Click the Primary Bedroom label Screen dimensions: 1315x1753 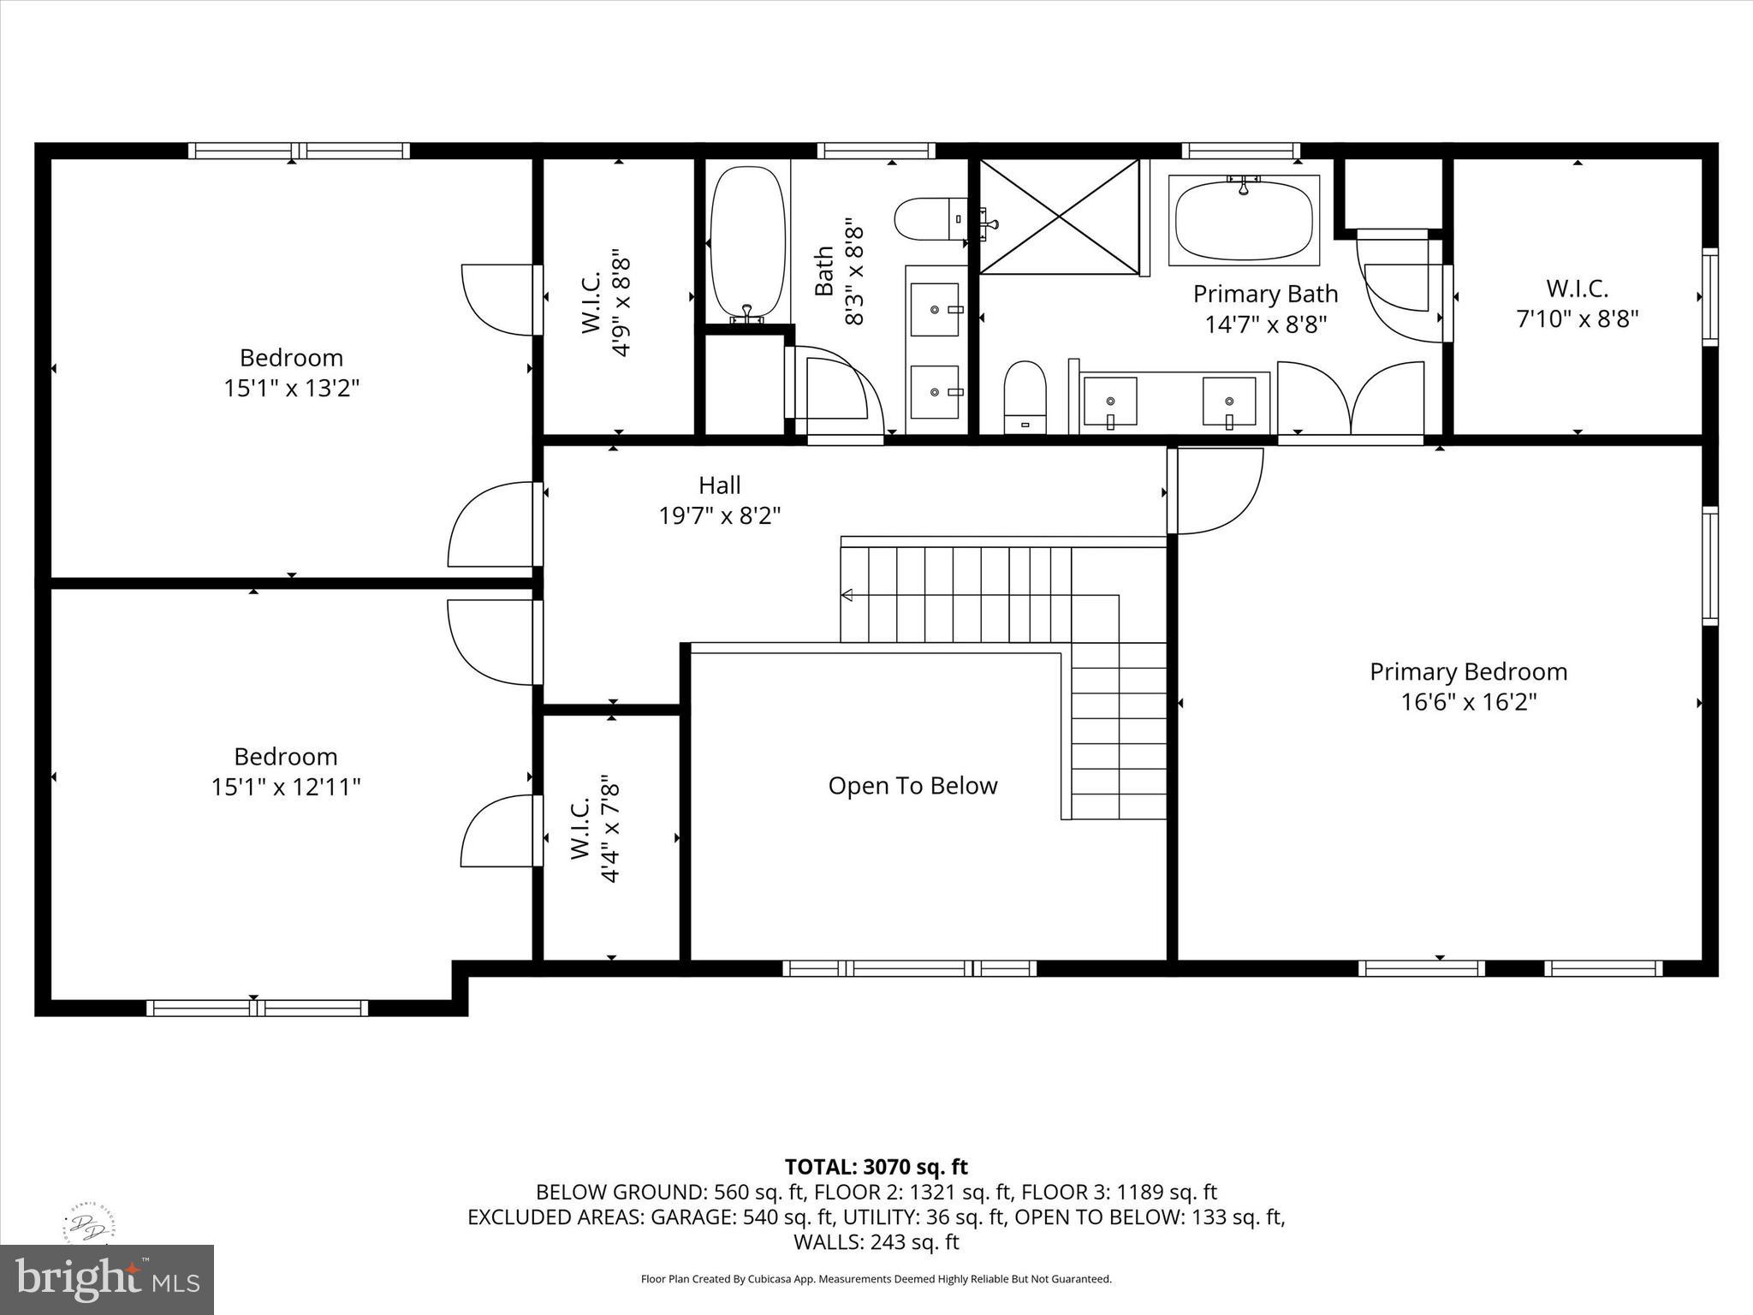1468,672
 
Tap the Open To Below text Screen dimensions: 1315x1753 912,786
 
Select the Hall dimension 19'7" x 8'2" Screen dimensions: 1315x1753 719,516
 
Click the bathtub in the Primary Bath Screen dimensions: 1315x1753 1244,220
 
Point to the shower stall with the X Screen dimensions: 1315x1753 1059,217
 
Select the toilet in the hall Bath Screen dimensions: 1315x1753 928,219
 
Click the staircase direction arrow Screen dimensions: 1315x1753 847,595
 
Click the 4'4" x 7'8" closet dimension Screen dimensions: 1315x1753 610,829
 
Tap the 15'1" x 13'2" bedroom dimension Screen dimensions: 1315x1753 291,388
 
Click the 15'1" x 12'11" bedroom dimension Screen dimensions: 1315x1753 286,787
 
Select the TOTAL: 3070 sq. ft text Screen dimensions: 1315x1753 876,1167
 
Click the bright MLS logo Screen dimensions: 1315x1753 107,1280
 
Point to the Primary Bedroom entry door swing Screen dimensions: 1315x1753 1215,490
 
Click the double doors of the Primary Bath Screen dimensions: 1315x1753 1350,398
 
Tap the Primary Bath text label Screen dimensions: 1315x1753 1265,294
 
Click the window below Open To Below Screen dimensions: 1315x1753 909,968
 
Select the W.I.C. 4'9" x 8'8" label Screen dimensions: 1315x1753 606,302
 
